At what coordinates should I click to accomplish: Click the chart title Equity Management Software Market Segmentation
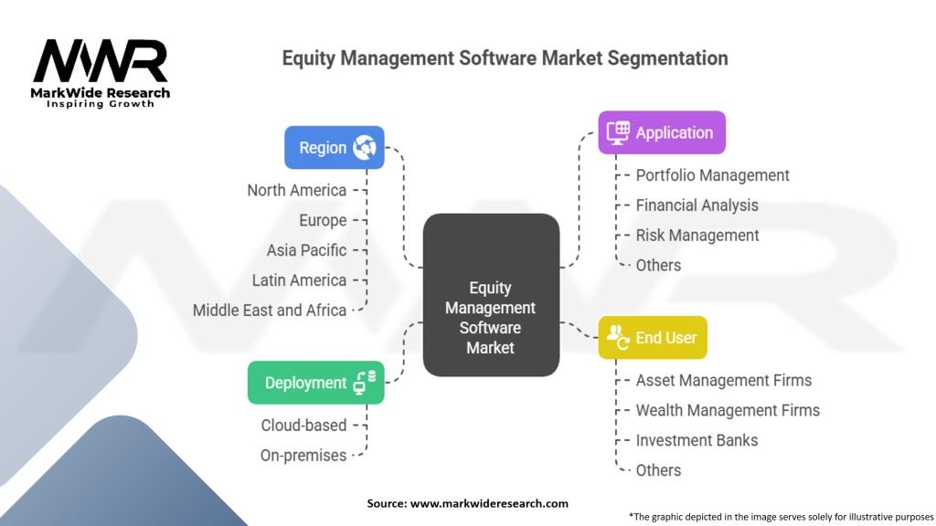(x=505, y=58)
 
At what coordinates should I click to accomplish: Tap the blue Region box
(x=334, y=147)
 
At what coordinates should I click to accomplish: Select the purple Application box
(x=661, y=132)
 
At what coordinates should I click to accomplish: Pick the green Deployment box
(x=315, y=383)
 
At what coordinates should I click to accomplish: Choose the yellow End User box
(x=653, y=338)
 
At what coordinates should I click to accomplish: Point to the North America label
(x=296, y=190)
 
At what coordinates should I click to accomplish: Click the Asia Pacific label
(x=306, y=250)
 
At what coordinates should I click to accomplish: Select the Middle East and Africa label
(x=270, y=310)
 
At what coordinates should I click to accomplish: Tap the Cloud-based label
(x=303, y=425)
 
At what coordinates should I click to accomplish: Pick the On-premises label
(x=303, y=455)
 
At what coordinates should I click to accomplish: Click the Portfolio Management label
(x=713, y=175)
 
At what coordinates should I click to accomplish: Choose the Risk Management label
(x=697, y=236)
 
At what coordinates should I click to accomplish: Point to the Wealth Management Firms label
(x=728, y=410)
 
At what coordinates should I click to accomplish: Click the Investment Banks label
(x=697, y=440)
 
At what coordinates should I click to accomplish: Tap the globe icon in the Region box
(x=364, y=147)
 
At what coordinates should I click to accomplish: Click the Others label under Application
(x=658, y=266)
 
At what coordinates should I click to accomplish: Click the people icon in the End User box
(x=617, y=337)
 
